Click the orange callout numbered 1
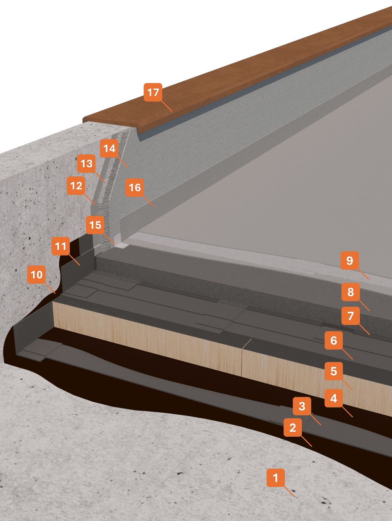(x=276, y=478)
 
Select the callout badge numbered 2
(x=293, y=427)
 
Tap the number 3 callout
(x=302, y=406)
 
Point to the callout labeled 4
(x=334, y=398)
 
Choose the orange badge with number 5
(x=334, y=371)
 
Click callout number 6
(x=334, y=340)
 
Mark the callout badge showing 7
(x=351, y=315)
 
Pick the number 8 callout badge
(x=351, y=292)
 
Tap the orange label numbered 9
(x=350, y=260)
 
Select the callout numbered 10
(x=36, y=275)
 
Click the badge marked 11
(x=61, y=246)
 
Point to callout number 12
(x=76, y=185)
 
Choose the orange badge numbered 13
(x=86, y=163)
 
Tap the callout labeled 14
(x=109, y=148)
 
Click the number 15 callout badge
(x=95, y=225)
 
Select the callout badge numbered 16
(x=135, y=187)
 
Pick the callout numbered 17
(x=153, y=92)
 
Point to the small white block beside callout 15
(x=121, y=245)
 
